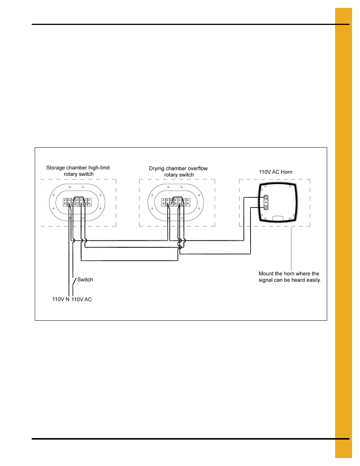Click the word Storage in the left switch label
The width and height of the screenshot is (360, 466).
55,168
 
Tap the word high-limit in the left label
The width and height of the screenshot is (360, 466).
99,168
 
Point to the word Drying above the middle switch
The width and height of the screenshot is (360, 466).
157,169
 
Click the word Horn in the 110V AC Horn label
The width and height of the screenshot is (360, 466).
286,172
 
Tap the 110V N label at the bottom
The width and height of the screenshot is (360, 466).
61,299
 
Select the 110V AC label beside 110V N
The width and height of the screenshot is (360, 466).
82,299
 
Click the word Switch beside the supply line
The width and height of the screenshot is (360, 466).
85,280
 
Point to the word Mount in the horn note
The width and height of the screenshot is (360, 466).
266,274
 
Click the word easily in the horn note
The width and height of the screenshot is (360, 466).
314,280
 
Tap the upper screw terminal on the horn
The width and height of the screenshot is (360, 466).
266,197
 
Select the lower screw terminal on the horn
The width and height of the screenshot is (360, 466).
266,207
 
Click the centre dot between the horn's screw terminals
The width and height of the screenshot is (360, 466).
266,203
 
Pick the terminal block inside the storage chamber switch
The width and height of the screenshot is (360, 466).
77,202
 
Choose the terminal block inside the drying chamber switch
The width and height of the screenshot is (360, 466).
176,202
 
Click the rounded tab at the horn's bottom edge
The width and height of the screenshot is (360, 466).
278,218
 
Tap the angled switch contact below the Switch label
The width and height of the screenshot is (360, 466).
74,282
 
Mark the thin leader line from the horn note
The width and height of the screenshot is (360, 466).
291,249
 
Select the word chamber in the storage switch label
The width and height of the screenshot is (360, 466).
77,168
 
